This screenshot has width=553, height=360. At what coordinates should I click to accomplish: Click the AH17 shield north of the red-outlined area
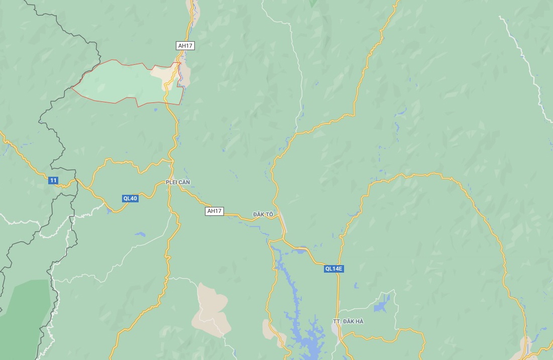click(x=185, y=46)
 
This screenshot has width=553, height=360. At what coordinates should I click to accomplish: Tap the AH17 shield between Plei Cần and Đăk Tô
click(x=214, y=211)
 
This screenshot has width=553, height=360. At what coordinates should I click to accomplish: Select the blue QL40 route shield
click(x=130, y=198)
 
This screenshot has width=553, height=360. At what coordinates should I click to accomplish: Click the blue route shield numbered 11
click(x=53, y=180)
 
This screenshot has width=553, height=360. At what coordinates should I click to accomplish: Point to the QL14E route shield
click(x=334, y=269)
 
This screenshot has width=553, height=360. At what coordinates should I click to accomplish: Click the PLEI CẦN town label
click(x=178, y=182)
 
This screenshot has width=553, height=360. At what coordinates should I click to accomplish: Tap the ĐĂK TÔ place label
click(x=263, y=214)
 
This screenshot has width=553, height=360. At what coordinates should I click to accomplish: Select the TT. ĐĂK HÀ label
click(x=348, y=321)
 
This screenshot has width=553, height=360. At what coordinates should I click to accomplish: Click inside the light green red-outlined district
click(x=116, y=83)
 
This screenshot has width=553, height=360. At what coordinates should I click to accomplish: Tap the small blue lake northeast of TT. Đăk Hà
click(x=382, y=303)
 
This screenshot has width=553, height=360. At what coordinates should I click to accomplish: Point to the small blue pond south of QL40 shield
click(x=139, y=234)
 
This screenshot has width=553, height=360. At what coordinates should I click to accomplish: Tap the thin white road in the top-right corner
click(x=522, y=55)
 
